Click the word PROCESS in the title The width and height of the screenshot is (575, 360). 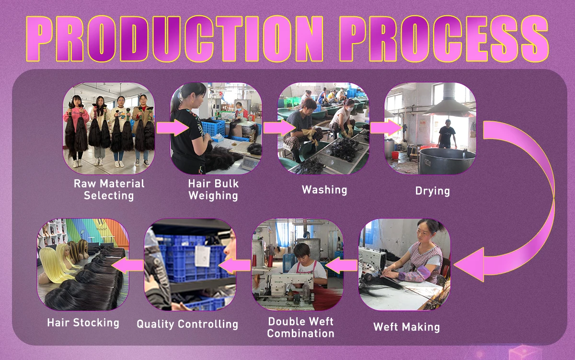444,39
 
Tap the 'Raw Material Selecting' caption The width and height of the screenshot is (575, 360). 109,189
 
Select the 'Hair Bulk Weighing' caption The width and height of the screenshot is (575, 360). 213,189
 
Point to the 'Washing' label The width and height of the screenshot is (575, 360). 324,190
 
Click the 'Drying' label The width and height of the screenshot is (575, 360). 433,191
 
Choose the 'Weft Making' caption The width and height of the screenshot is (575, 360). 407,327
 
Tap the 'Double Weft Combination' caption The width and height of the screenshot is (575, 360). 300,327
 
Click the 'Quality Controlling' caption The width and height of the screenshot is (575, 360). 187,324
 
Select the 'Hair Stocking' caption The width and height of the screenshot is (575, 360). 83,323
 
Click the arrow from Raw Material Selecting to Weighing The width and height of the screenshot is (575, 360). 172,128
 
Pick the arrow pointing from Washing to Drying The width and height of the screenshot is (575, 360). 386,128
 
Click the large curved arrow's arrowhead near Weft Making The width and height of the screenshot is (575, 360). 470,265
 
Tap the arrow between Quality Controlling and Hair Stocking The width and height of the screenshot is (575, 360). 127,265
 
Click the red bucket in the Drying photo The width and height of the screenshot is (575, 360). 395,155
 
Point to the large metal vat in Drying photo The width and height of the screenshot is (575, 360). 447,161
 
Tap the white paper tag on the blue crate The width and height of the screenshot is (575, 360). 203,256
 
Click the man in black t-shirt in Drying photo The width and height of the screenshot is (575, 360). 447,134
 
